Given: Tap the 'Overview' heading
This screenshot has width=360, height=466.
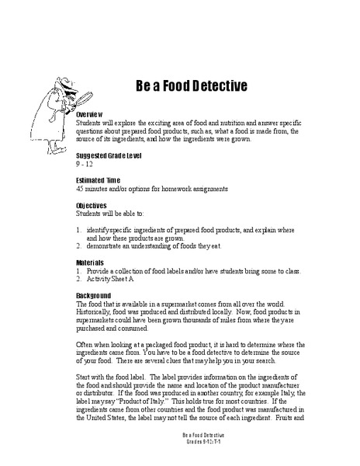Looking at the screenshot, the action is pos(92,114).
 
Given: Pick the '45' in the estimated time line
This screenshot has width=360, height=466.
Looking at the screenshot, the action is pos(81,189).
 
